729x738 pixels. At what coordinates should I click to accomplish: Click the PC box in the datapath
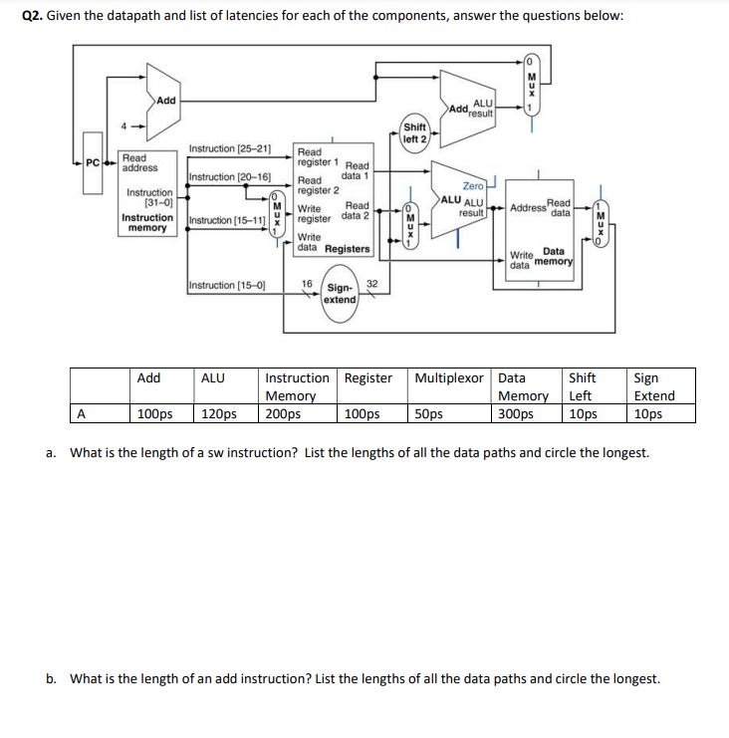92,161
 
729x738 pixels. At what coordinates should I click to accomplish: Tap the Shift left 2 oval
414,132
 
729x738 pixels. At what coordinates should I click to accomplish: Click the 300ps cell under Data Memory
515,413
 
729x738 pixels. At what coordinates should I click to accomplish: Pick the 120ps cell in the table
219,413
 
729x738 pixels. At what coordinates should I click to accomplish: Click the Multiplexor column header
450,378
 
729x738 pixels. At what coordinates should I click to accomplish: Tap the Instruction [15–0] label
227,286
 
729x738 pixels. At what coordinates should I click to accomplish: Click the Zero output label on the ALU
472,185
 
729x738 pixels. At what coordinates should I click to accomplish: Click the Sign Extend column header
653,386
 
